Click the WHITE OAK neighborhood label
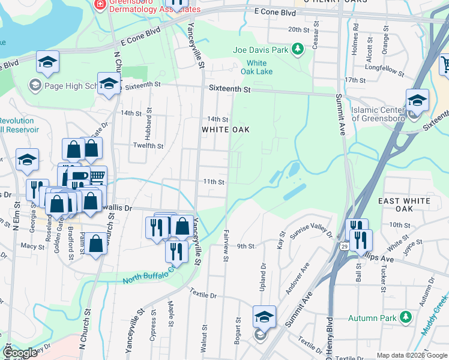(x=225, y=130)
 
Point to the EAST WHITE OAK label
(x=405, y=204)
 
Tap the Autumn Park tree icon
(x=406, y=316)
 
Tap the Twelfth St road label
(x=148, y=146)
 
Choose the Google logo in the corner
(x=20, y=353)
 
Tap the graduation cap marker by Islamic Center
(x=417, y=100)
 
